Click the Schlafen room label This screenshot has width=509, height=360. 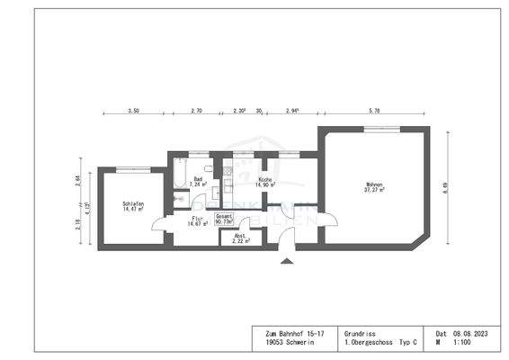tap(133, 204)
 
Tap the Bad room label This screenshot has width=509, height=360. tap(198, 178)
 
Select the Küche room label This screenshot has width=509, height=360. tap(265, 179)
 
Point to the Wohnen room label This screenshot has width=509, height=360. tap(374, 184)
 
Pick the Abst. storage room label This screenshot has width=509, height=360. tap(239, 236)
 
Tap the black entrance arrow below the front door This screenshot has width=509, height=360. tap(287, 261)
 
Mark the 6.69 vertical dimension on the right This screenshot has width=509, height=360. tap(443, 188)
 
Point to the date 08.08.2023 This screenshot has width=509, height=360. tap(475, 333)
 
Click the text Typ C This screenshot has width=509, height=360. tap(410, 343)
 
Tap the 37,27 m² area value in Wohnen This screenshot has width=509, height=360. tap(374, 190)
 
